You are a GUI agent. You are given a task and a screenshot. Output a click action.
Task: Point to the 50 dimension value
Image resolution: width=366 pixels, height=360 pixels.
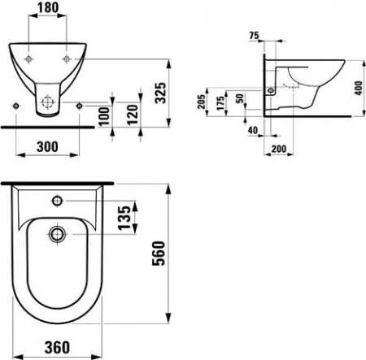point(240,98)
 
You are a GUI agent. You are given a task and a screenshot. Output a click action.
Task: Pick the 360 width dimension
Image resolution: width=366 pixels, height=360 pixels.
point(54,348)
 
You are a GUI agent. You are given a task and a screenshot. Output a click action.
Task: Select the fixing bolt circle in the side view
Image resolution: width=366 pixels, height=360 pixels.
point(271,91)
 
